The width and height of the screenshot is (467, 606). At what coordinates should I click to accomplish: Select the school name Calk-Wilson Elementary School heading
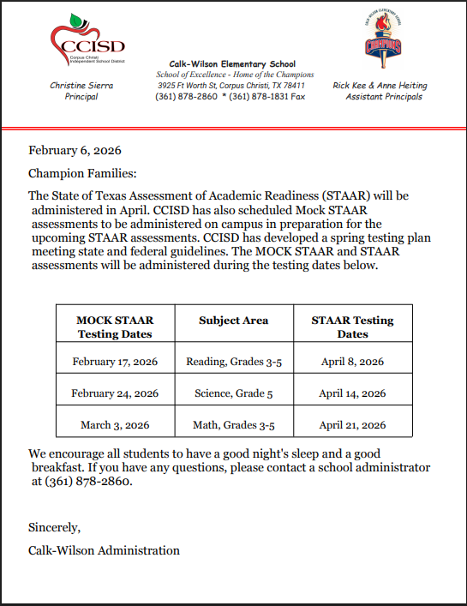coord(231,63)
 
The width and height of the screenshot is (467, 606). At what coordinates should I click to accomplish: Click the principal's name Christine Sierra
coord(81,86)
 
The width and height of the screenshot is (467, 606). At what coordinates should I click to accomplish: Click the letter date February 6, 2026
coord(75,150)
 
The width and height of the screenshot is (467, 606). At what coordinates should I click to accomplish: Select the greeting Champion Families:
coord(81,173)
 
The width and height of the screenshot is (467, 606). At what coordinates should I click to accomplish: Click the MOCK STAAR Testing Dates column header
coord(115,327)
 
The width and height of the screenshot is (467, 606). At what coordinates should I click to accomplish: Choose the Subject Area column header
coord(233,321)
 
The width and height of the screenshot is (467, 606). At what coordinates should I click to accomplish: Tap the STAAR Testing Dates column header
coord(352,327)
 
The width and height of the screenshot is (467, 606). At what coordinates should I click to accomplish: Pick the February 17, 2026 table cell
coord(115,362)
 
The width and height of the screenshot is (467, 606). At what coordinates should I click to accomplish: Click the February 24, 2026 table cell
coord(115,393)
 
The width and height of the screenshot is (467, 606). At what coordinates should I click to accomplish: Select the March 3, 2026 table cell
coord(115,424)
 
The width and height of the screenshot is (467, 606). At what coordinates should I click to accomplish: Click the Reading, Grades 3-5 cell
coord(233,362)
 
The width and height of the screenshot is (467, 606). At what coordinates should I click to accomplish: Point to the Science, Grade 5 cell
coord(233,393)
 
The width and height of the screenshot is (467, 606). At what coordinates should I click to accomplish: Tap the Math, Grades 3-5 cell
coord(233,424)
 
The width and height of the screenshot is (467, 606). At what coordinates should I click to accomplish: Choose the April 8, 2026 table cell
coord(352,362)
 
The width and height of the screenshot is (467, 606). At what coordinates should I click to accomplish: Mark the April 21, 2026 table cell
coord(352,424)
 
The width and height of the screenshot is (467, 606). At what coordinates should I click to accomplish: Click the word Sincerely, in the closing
coord(54,527)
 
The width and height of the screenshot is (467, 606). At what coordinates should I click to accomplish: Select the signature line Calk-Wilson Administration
coord(104,550)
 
